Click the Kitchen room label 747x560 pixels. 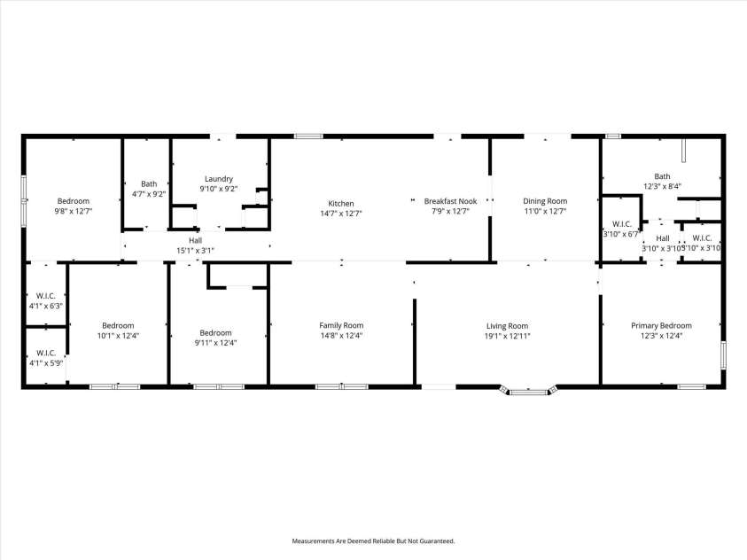pos(341,203)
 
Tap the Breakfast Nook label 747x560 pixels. pos(450,201)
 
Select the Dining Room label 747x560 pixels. pos(545,201)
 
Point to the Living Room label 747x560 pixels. pos(507,325)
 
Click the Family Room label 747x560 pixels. pos(341,325)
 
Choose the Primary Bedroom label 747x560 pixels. pos(661,325)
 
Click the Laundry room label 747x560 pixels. pos(218,178)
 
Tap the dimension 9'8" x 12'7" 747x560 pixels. pos(74,212)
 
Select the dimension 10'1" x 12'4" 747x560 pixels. pos(118,336)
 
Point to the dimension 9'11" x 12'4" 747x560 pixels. pos(215,343)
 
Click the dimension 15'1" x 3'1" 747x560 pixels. pos(195,251)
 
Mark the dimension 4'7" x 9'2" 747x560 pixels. pos(149,194)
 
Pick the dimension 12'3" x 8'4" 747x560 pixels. pos(662,186)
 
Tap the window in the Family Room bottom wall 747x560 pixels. pos(341,386)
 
